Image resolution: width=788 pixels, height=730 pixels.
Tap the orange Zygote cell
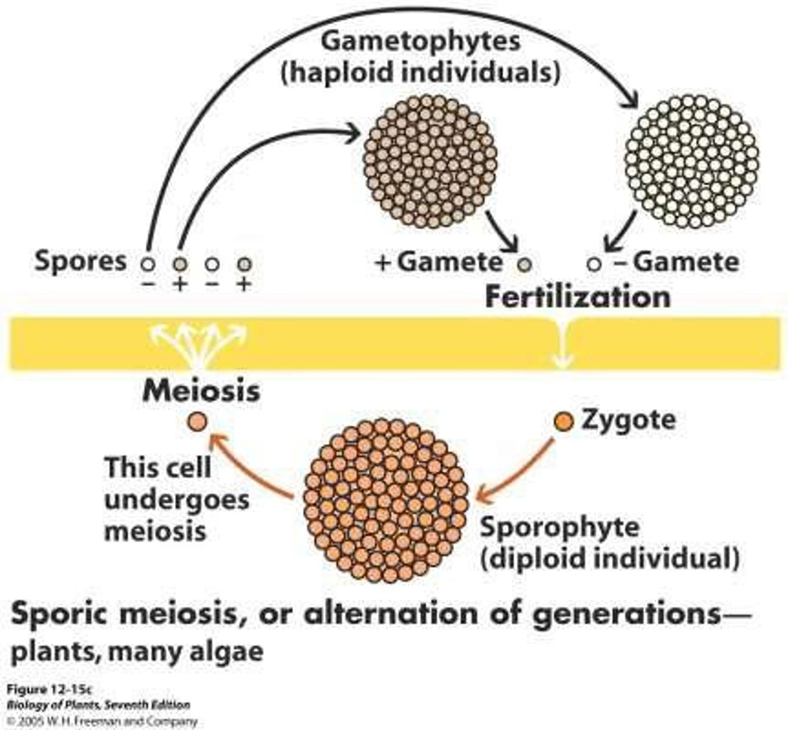pos(563,421)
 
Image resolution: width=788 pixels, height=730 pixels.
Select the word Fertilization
pos(577,297)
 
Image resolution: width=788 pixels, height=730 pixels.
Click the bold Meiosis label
pos(201,391)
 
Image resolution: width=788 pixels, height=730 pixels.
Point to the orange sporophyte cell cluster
pos(386,500)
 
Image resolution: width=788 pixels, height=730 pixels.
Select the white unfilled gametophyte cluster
pos(692,161)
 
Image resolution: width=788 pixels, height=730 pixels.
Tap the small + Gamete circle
pos(525,265)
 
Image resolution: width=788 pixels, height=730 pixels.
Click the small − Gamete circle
pos(595,265)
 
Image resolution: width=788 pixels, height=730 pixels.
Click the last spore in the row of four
pos(244,265)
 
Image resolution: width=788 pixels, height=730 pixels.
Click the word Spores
pos(80,261)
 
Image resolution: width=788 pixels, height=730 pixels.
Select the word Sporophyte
pos(559,527)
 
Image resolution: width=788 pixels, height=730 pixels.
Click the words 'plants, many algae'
pos(137,652)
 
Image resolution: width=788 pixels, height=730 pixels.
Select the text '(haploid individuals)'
pos(420,73)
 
